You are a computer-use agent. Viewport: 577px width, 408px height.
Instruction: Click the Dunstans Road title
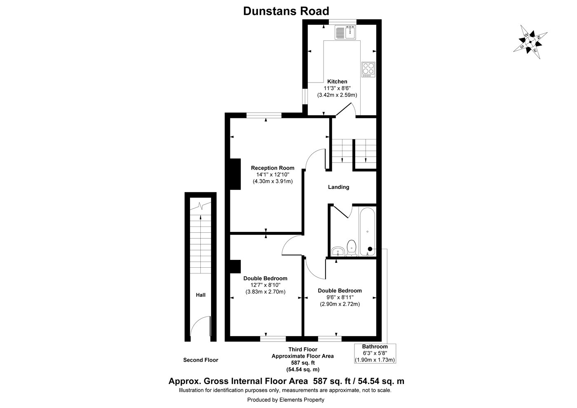(286, 11)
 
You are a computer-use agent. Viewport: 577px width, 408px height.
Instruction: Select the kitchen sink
(345, 32)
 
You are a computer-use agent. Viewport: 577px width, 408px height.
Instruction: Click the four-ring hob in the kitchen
(368, 69)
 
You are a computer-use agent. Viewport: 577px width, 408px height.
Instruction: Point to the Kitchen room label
(337, 81)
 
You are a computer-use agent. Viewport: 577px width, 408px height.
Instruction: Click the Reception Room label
(272, 168)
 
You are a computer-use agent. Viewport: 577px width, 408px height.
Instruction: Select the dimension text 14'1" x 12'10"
(272, 175)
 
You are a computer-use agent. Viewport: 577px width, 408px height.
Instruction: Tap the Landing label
(338, 187)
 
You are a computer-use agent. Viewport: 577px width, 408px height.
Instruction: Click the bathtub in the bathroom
(367, 231)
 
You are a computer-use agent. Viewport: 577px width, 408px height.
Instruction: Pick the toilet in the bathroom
(352, 248)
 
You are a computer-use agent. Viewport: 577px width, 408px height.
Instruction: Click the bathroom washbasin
(338, 251)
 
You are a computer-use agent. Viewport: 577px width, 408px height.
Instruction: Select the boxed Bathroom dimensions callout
(375, 353)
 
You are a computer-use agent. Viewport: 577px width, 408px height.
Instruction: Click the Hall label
(200, 295)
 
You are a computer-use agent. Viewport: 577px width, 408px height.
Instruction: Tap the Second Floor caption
(200, 360)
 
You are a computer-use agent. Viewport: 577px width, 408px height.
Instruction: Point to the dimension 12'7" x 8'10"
(265, 285)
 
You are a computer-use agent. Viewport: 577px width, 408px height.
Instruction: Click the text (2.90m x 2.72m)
(340, 304)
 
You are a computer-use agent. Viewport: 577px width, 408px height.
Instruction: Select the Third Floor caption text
(303, 349)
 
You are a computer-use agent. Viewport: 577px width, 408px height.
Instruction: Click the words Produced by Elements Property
(286, 400)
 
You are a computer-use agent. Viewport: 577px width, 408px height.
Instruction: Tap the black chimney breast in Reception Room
(235, 174)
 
